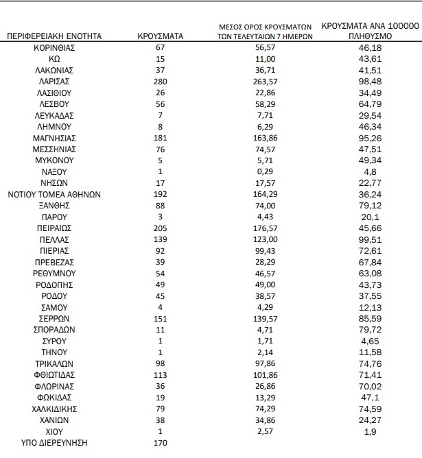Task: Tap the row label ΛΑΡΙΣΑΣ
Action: click(54, 81)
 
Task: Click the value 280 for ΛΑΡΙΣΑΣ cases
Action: click(161, 81)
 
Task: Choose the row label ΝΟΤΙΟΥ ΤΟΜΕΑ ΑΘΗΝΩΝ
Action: click(54, 194)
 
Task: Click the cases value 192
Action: click(161, 194)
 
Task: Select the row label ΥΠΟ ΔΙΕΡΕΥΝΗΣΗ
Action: click(54, 442)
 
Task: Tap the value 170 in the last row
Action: click(161, 442)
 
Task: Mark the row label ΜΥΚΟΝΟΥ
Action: click(54, 160)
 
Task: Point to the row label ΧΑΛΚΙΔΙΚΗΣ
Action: click(54, 409)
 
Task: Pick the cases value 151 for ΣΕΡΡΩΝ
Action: click(161, 318)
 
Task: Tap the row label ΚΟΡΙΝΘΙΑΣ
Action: click(54, 47)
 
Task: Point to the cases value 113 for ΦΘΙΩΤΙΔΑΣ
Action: click(161, 374)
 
